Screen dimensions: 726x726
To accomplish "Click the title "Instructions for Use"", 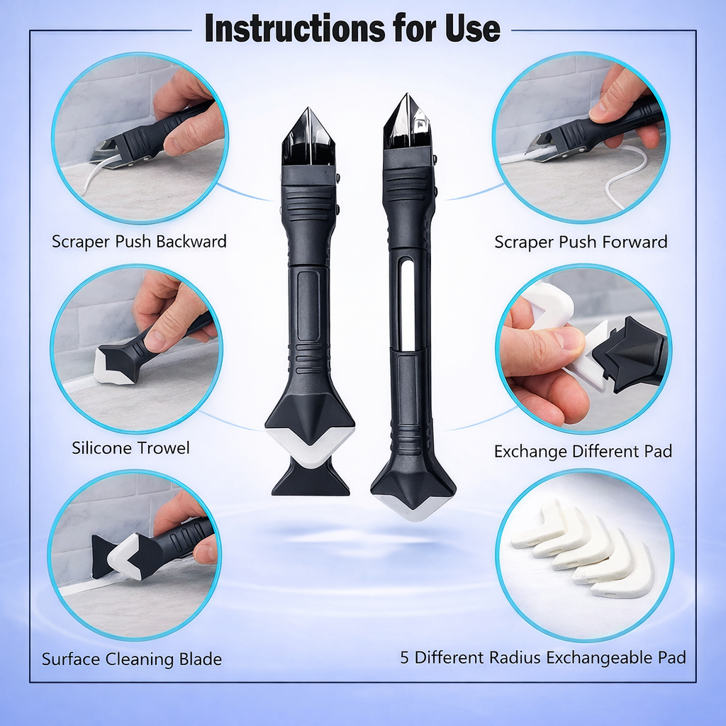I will (352, 29).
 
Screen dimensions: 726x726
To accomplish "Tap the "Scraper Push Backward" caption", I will (139, 241).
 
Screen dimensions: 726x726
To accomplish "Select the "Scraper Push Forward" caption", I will (581, 242).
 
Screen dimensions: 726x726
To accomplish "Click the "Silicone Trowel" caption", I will (130, 448).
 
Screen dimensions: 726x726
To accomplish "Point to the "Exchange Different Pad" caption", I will (583, 451).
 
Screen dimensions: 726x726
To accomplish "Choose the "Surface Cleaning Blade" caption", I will (132, 659).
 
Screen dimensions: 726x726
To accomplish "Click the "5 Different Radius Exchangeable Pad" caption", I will (543, 657).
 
